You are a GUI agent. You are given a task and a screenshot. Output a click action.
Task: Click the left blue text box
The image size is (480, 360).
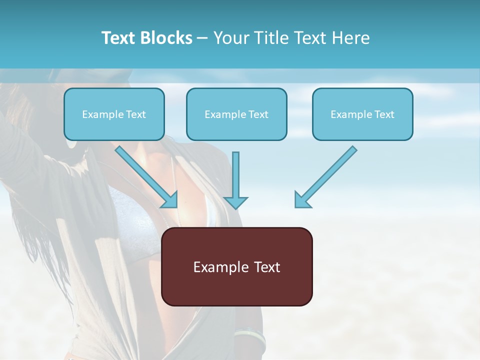pyautogui.click(x=114, y=114)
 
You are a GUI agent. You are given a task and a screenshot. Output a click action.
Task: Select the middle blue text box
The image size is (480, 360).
pyautogui.click(x=236, y=114)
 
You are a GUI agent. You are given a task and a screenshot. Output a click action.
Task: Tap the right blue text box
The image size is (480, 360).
pyautogui.click(x=362, y=114)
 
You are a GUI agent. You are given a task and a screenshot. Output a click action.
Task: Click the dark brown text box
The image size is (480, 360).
pyautogui.click(x=237, y=267)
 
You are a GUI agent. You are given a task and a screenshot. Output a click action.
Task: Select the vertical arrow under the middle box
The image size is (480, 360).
pyautogui.click(x=235, y=180)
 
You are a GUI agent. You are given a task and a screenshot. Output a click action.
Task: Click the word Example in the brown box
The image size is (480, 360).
pyautogui.click(x=217, y=267)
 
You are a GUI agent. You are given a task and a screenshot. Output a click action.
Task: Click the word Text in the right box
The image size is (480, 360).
pyautogui.click(x=383, y=114)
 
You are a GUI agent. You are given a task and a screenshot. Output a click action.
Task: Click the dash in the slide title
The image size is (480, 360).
pyautogui.click(x=202, y=38)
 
